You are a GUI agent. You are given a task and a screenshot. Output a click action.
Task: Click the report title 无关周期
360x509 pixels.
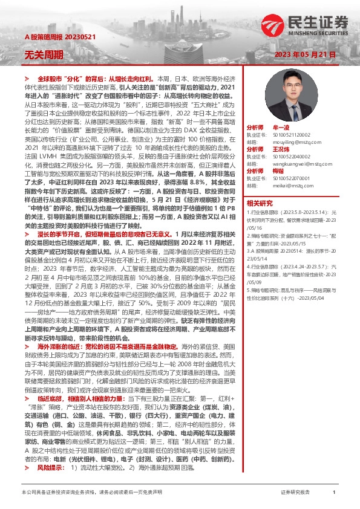click(x=44, y=54)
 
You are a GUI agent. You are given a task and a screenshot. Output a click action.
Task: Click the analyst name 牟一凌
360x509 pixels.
click(x=283, y=128)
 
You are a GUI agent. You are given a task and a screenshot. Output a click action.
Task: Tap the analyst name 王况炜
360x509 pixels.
click(x=283, y=149)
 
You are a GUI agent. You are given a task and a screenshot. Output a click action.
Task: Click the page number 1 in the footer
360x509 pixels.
click(x=334, y=493)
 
